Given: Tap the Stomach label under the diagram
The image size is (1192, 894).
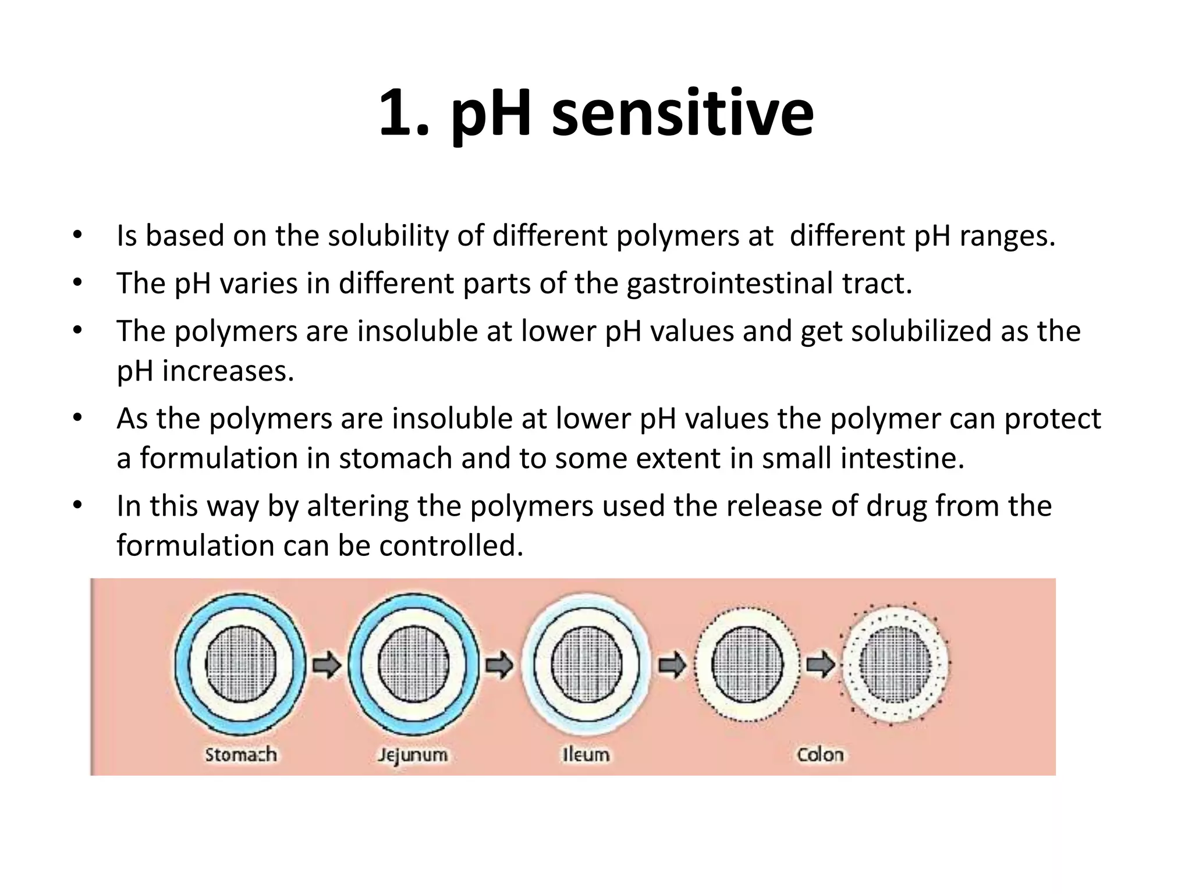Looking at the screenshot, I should (240, 754).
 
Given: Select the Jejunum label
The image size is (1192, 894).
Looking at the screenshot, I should (413, 755).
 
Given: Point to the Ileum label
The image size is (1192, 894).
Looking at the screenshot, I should (586, 754).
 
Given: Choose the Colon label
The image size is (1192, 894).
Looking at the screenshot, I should (820, 754).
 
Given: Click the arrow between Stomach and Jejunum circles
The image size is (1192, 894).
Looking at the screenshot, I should (327, 665).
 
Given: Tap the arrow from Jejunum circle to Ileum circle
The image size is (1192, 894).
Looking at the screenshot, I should (499, 665).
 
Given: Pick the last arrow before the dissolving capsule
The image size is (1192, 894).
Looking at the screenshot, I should (821, 665).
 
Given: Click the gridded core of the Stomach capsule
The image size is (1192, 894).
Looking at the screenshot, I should (240, 664).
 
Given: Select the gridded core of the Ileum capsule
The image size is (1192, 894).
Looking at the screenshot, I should (586, 664).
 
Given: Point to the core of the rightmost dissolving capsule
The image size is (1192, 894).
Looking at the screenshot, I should (895, 664).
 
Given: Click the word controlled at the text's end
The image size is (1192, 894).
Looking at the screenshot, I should (451, 546).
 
